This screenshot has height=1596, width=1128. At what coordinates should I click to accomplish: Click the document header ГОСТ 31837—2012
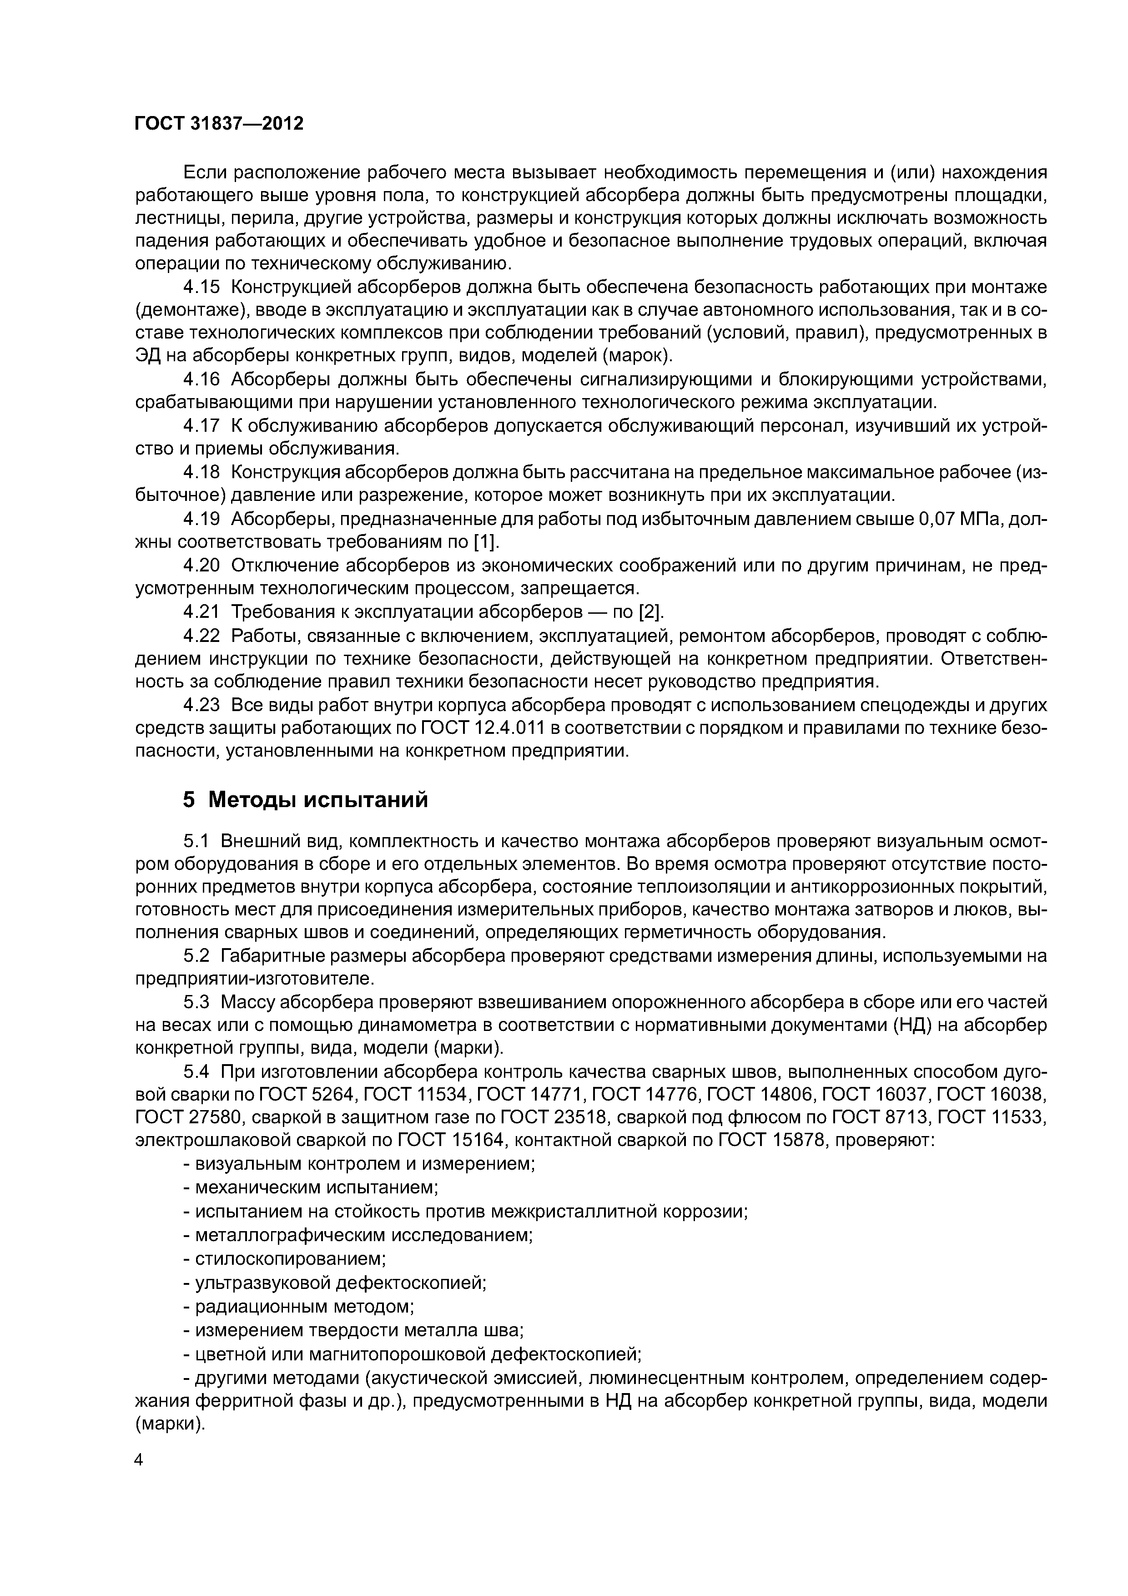point(219,124)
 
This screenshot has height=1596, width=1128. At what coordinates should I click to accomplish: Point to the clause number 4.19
point(201,519)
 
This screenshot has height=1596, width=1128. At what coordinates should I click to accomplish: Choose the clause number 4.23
point(201,705)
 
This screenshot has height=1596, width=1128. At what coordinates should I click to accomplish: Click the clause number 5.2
point(196,956)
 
